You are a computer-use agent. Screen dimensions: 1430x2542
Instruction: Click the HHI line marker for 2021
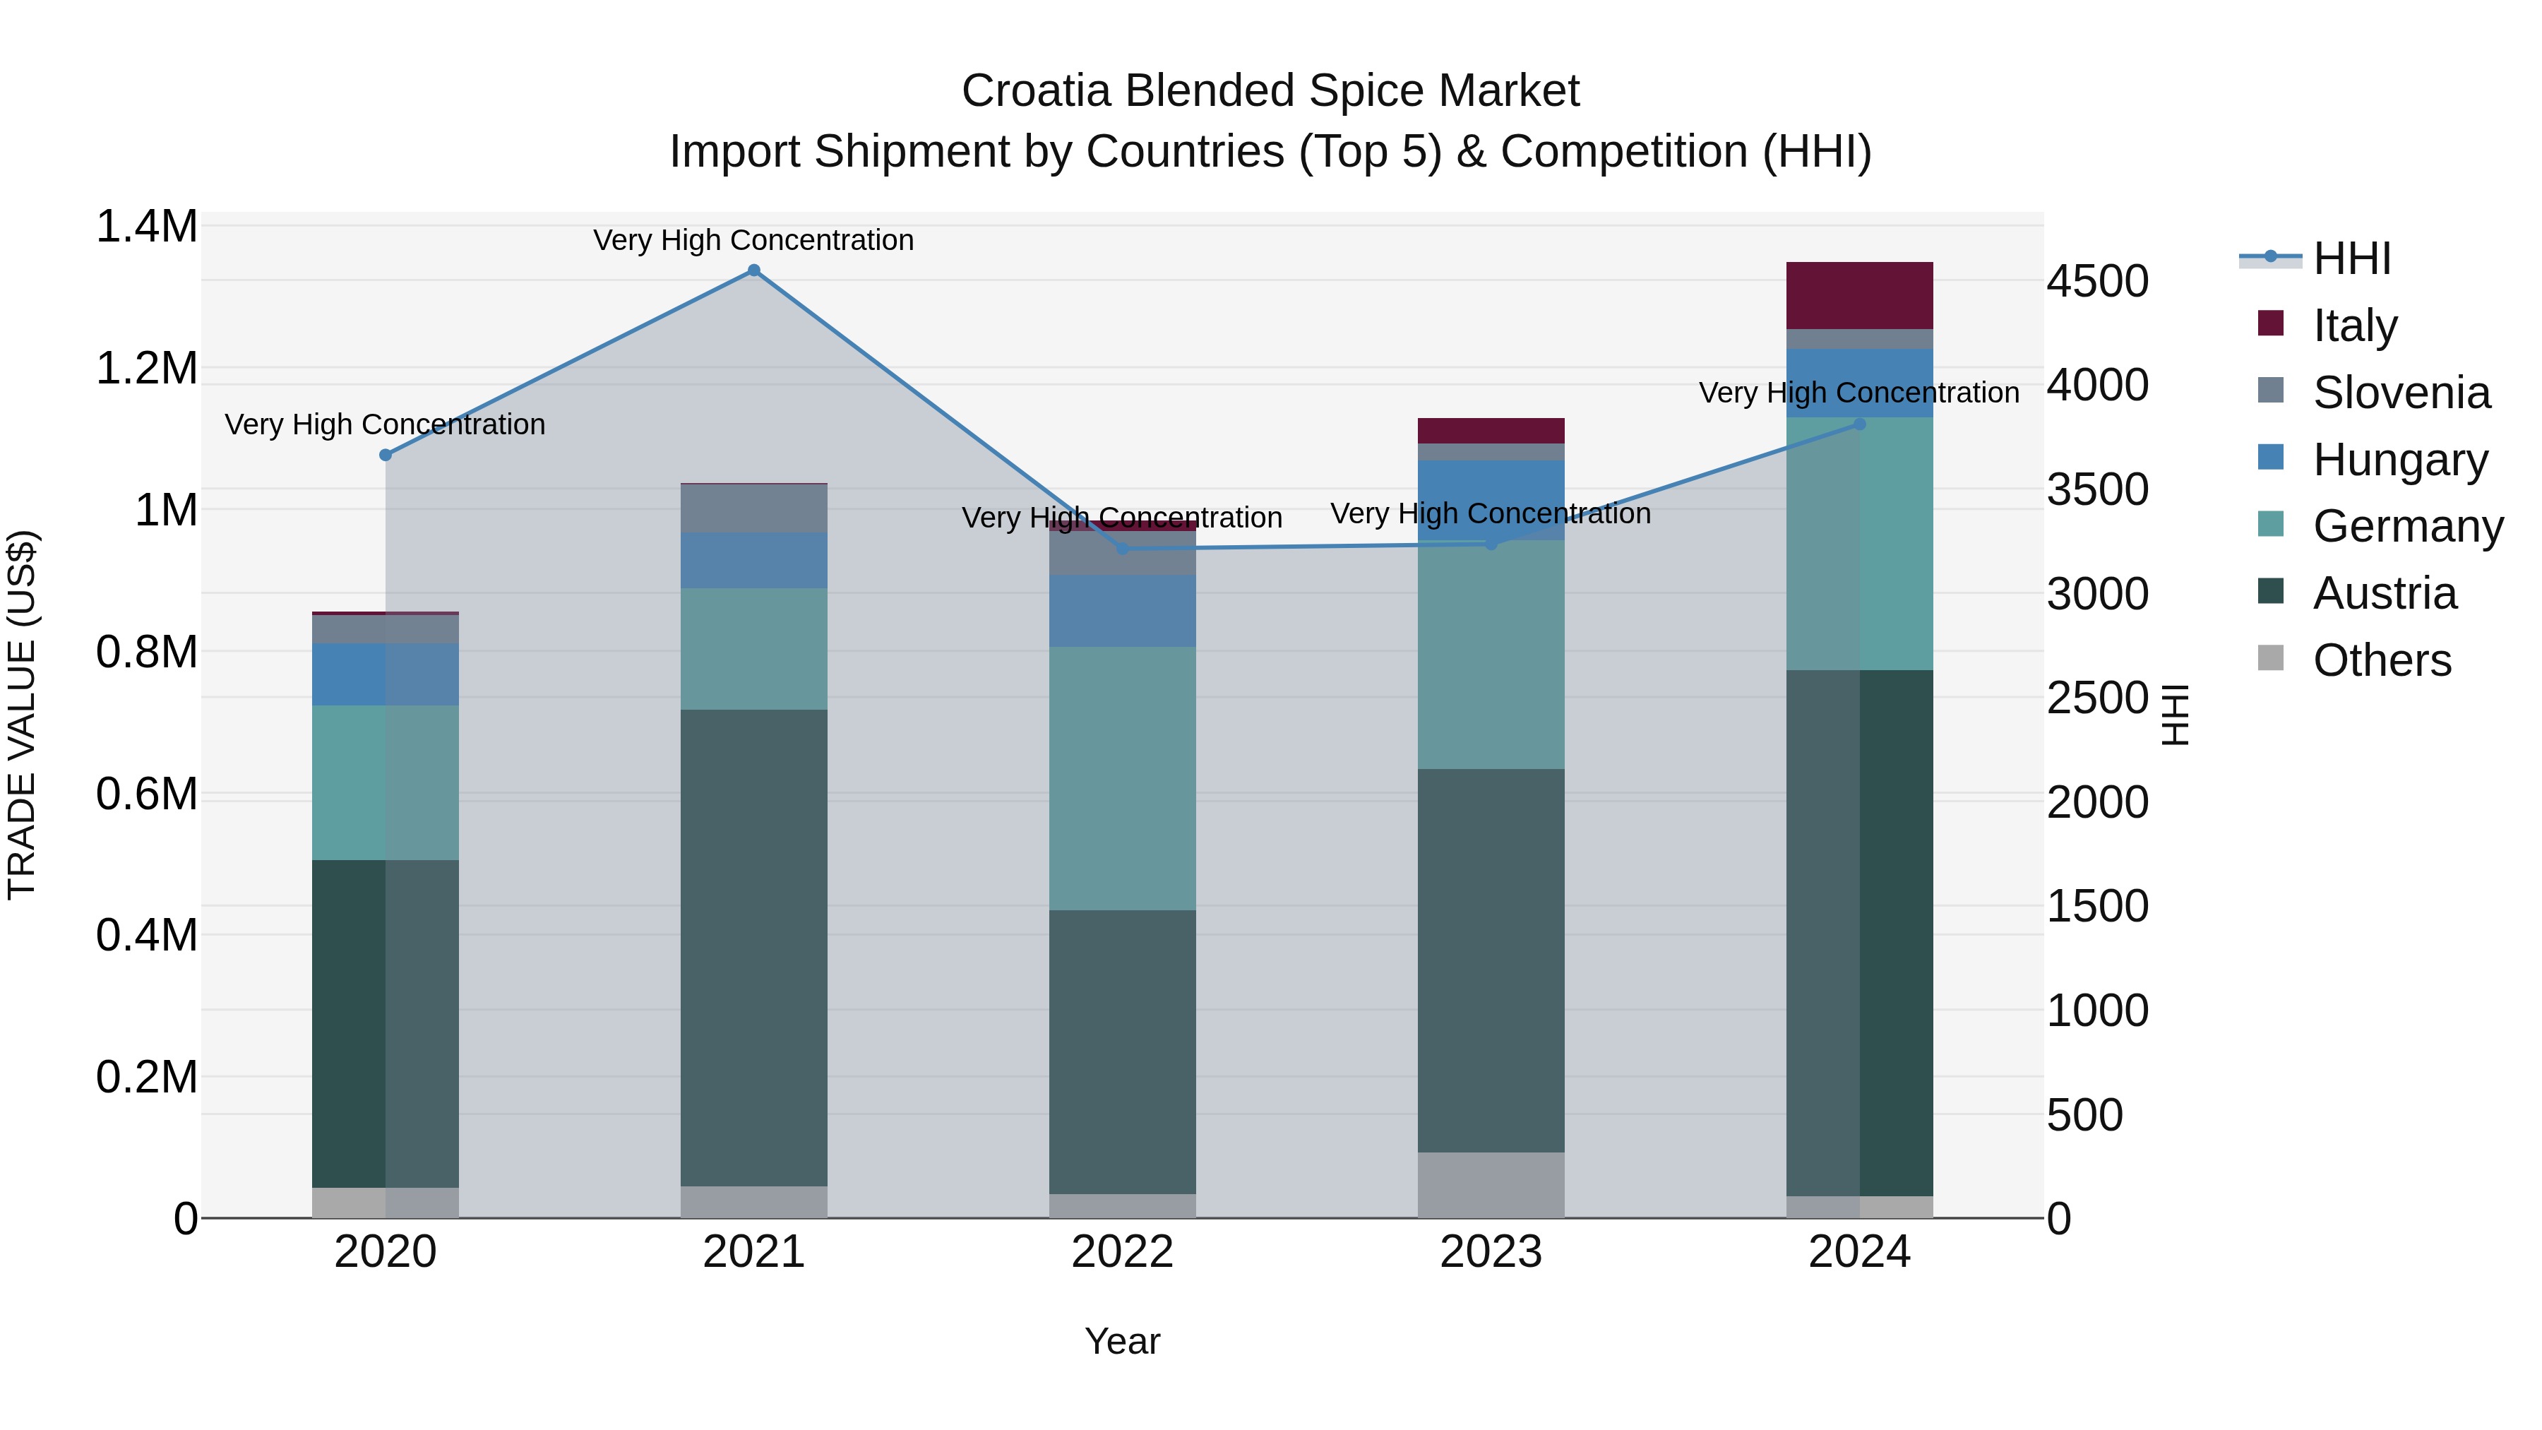754,270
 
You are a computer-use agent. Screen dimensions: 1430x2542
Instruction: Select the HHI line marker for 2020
386,455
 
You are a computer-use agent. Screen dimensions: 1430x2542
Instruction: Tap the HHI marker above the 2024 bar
1859,424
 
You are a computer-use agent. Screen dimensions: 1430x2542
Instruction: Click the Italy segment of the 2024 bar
1859,295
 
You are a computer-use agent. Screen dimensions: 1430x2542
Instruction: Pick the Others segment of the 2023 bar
1491,1184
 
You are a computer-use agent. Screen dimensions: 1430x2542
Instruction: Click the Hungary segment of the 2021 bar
754,561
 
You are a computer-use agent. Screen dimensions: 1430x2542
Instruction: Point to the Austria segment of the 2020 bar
386,1023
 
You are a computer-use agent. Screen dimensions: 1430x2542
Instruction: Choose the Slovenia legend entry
2401,393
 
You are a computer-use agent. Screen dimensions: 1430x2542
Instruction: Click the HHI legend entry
2351,258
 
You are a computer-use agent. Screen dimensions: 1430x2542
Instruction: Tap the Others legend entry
2381,660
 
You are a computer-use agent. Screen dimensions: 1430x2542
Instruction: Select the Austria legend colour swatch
2271,592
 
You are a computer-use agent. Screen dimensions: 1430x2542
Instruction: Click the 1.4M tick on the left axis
147,227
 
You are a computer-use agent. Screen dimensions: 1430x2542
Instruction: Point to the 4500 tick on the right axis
2097,281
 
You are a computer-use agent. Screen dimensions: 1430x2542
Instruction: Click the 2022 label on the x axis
1122,1252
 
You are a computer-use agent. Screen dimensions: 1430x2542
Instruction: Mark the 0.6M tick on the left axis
147,794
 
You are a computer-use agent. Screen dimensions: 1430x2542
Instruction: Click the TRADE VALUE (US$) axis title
22,715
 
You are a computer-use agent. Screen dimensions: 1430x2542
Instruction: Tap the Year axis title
1122,1341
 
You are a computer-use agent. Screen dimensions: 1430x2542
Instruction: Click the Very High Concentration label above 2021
754,240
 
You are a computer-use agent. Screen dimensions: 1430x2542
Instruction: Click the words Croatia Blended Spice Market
1270,91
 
